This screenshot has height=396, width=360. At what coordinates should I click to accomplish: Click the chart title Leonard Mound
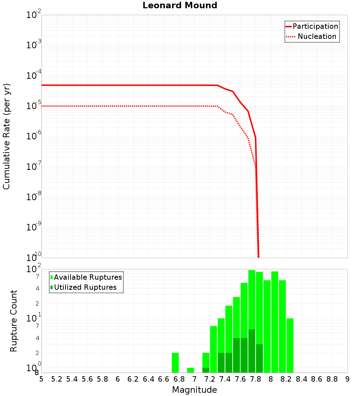click(x=180, y=6)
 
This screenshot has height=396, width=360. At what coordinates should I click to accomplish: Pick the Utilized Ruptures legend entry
click(x=85, y=287)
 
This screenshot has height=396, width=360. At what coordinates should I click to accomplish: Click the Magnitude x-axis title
click(x=194, y=390)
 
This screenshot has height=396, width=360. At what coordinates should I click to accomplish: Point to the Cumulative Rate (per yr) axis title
click(x=6, y=136)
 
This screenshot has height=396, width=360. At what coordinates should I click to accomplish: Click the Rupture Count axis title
click(x=14, y=320)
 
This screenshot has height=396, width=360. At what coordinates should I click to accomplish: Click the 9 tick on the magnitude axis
click(x=347, y=379)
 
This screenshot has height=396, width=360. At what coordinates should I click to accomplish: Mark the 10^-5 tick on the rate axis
click(x=32, y=106)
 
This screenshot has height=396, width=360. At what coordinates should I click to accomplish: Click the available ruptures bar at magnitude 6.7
click(x=175, y=363)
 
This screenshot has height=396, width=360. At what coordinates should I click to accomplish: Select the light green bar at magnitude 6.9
click(x=190, y=370)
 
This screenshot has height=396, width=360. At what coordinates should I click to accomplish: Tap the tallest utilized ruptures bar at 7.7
click(x=252, y=351)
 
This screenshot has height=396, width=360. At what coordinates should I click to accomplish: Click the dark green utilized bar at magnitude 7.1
click(x=206, y=370)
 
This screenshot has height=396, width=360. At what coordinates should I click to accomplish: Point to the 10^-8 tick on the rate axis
click(x=32, y=197)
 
